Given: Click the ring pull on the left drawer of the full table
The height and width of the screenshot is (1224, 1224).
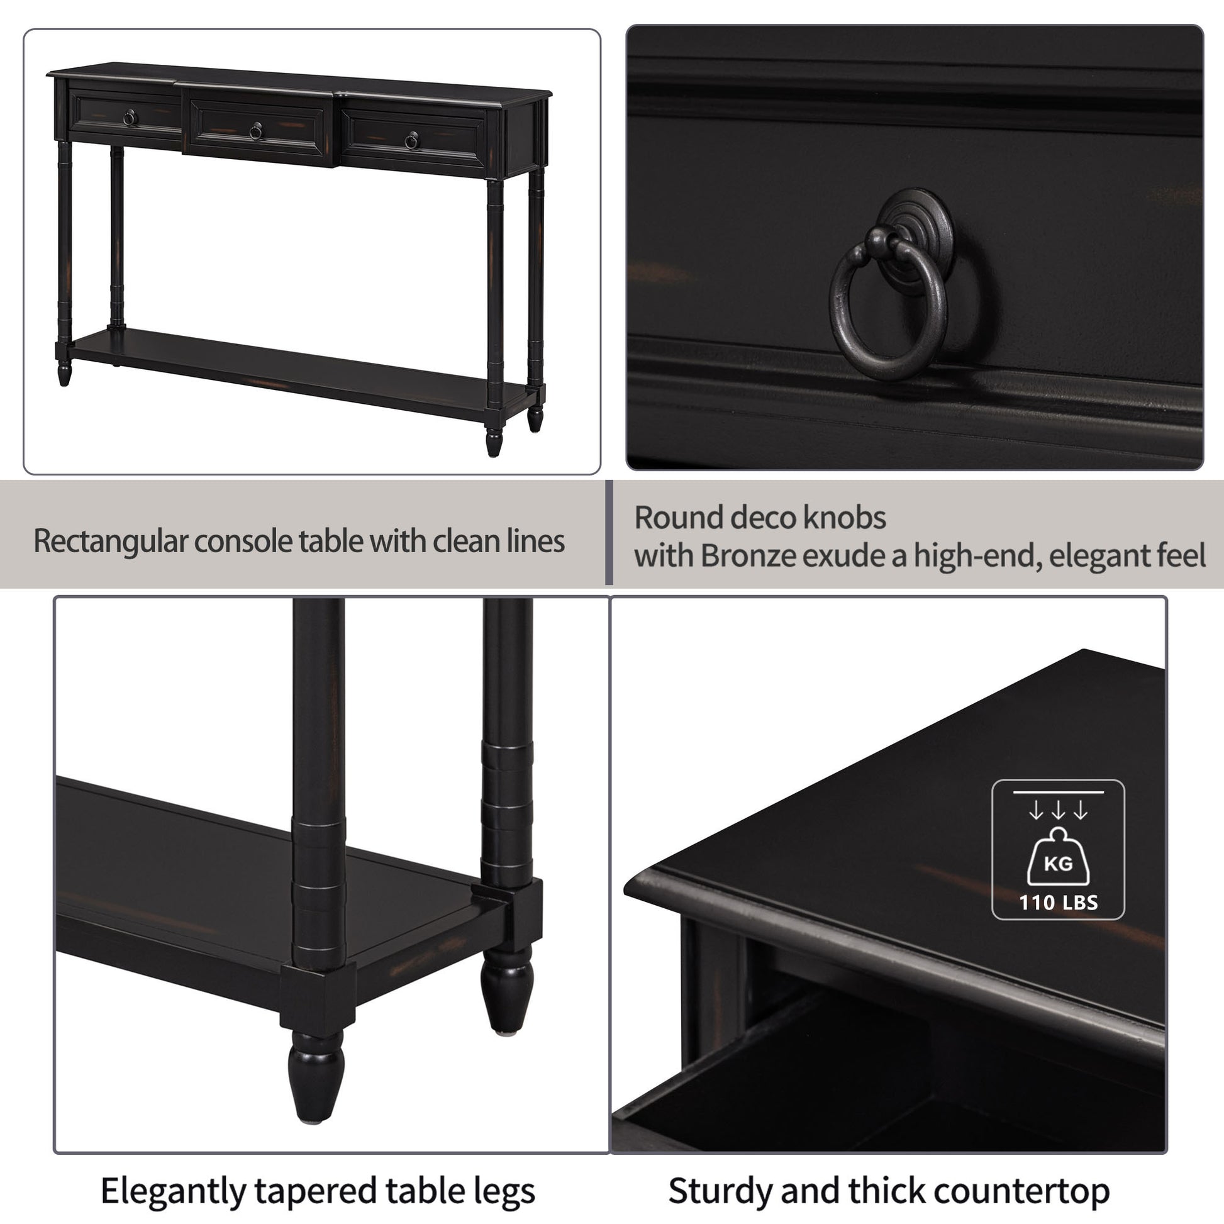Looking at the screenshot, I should click(129, 118).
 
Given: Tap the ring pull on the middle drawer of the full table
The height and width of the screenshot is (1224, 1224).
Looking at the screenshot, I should click(256, 131).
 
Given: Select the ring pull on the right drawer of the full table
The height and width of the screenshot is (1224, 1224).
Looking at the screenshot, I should click(411, 141).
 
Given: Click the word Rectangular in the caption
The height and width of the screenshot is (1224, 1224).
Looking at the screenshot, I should click(110, 542).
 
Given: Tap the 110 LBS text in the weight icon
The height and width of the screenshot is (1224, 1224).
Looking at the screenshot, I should click(1058, 903).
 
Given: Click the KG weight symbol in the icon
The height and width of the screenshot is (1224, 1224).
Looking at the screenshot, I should click(1058, 863).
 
